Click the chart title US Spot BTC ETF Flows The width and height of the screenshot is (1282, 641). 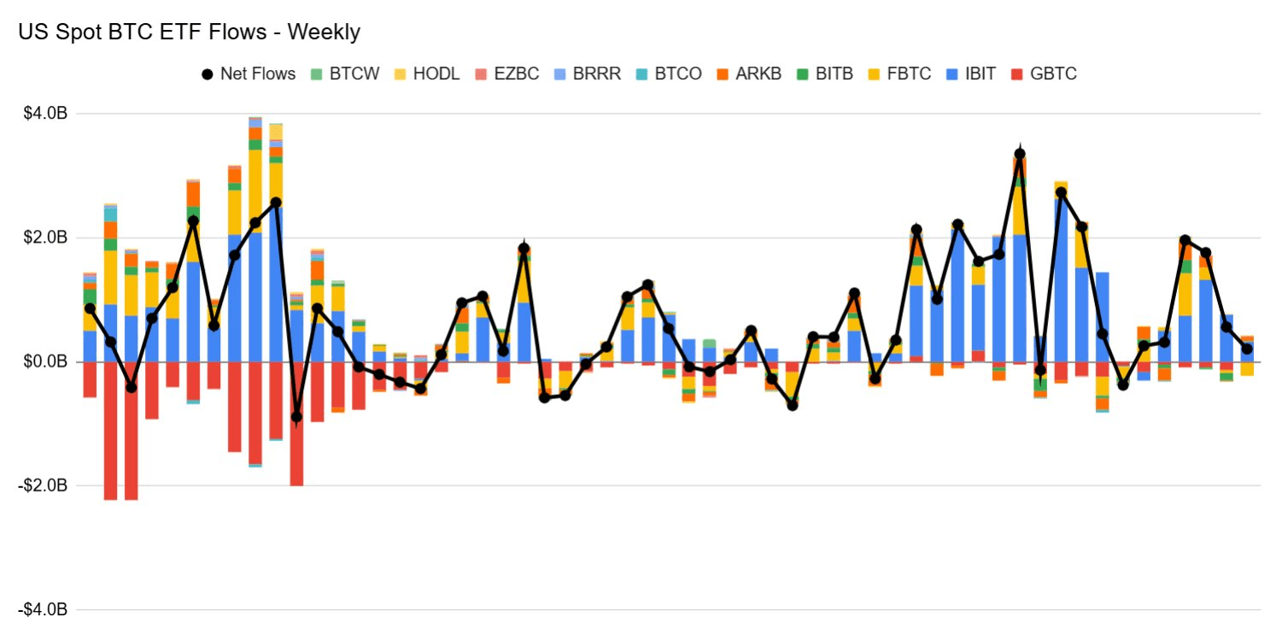[189, 32]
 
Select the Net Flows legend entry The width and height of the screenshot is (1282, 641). [249, 74]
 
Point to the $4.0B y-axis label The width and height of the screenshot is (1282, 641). [44, 114]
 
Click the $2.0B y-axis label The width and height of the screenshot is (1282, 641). [44, 238]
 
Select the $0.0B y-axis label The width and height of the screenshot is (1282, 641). [44, 362]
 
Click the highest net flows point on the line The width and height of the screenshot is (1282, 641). [1020, 154]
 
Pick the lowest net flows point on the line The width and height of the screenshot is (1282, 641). [296, 417]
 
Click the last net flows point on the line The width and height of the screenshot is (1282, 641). [1247, 349]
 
